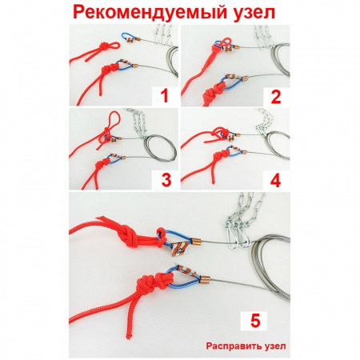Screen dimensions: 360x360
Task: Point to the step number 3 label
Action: coord(166,179)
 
